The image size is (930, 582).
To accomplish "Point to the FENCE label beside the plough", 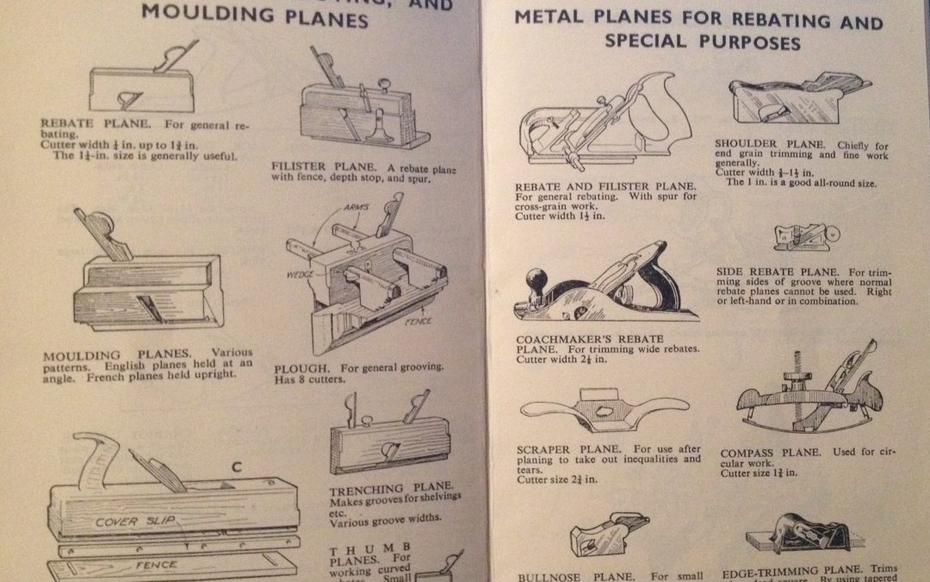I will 418,322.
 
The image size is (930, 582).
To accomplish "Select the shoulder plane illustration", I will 794,102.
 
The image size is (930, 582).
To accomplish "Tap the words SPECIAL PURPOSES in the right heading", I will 703,41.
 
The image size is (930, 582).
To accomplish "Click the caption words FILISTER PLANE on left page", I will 318,167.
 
